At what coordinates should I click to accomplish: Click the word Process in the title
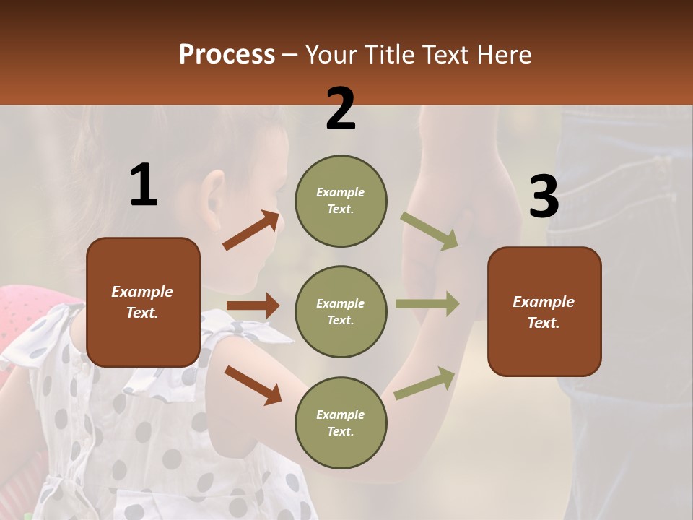click(227, 55)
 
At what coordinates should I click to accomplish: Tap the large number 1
click(144, 185)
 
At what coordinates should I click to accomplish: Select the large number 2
click(341, 109)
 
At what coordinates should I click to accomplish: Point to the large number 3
click(544, 198)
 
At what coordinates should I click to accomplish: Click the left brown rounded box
click(143, 302)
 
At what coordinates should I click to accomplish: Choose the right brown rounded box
click(544, 312)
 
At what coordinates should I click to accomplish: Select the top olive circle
click(341, 201)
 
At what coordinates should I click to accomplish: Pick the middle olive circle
click(341, 311)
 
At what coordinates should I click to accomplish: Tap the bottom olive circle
click(341, 422)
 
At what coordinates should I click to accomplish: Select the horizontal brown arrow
click(253, 305)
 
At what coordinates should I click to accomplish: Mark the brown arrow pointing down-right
click(253, 385)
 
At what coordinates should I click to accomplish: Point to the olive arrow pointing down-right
click(430, 231)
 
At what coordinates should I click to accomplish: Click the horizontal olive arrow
click(427, 304)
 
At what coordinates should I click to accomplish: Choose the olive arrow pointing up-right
click(425, 383)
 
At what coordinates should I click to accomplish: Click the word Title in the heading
click(390, 55)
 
